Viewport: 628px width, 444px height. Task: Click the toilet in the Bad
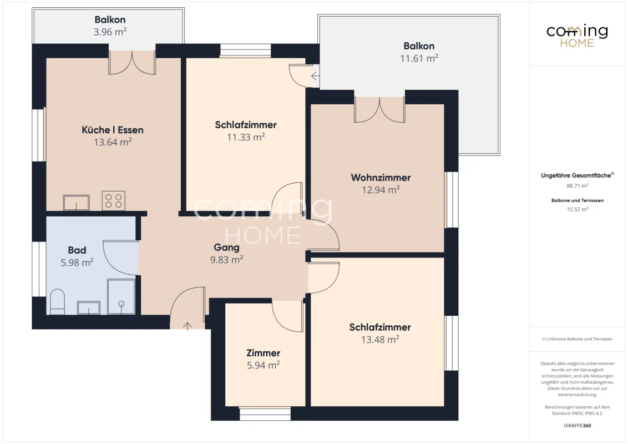pos(57,302)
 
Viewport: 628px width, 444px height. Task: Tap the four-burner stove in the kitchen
pos(113,201)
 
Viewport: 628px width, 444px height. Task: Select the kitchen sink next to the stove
pos(76,203)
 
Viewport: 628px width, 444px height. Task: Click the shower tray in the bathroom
pos(121,297)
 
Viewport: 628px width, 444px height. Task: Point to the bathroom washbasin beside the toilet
pos(89,308)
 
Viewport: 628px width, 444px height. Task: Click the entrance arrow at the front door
pos(188,326)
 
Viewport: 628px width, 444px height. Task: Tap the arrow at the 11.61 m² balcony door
pos(315,75)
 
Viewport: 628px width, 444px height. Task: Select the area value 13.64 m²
pos(113,142)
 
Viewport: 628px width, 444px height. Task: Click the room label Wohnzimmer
pos(381,178)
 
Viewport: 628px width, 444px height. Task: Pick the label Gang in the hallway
pos(227,248)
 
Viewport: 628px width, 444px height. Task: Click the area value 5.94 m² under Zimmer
pos(263,365)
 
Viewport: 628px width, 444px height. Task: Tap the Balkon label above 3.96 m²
pos(110,19)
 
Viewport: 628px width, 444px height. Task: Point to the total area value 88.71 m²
pos(577,186)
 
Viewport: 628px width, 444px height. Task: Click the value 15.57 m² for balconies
pos(577,210)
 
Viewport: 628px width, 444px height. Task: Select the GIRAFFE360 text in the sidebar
pos(577,426)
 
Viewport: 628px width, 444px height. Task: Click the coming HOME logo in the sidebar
pos(577,36)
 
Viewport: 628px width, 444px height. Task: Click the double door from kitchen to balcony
pos(132,62)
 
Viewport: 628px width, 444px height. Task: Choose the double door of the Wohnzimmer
pos(379,109)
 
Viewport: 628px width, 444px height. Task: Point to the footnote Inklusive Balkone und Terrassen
pos(577,339)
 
